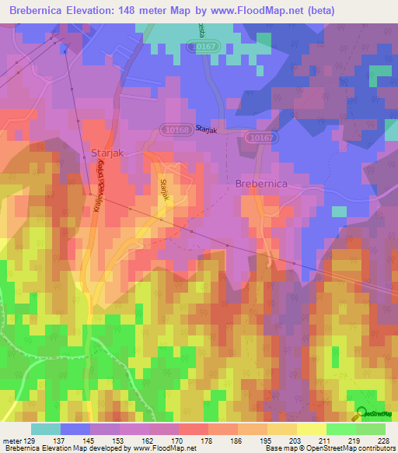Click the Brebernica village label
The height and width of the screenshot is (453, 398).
tap(261, 183)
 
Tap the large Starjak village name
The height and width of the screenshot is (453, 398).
tap(108, 153)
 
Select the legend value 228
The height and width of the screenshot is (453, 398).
tap(382, 441)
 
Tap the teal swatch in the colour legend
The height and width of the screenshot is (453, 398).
tap(46, 429)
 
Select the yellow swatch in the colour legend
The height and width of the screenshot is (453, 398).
tap(311, 429)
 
